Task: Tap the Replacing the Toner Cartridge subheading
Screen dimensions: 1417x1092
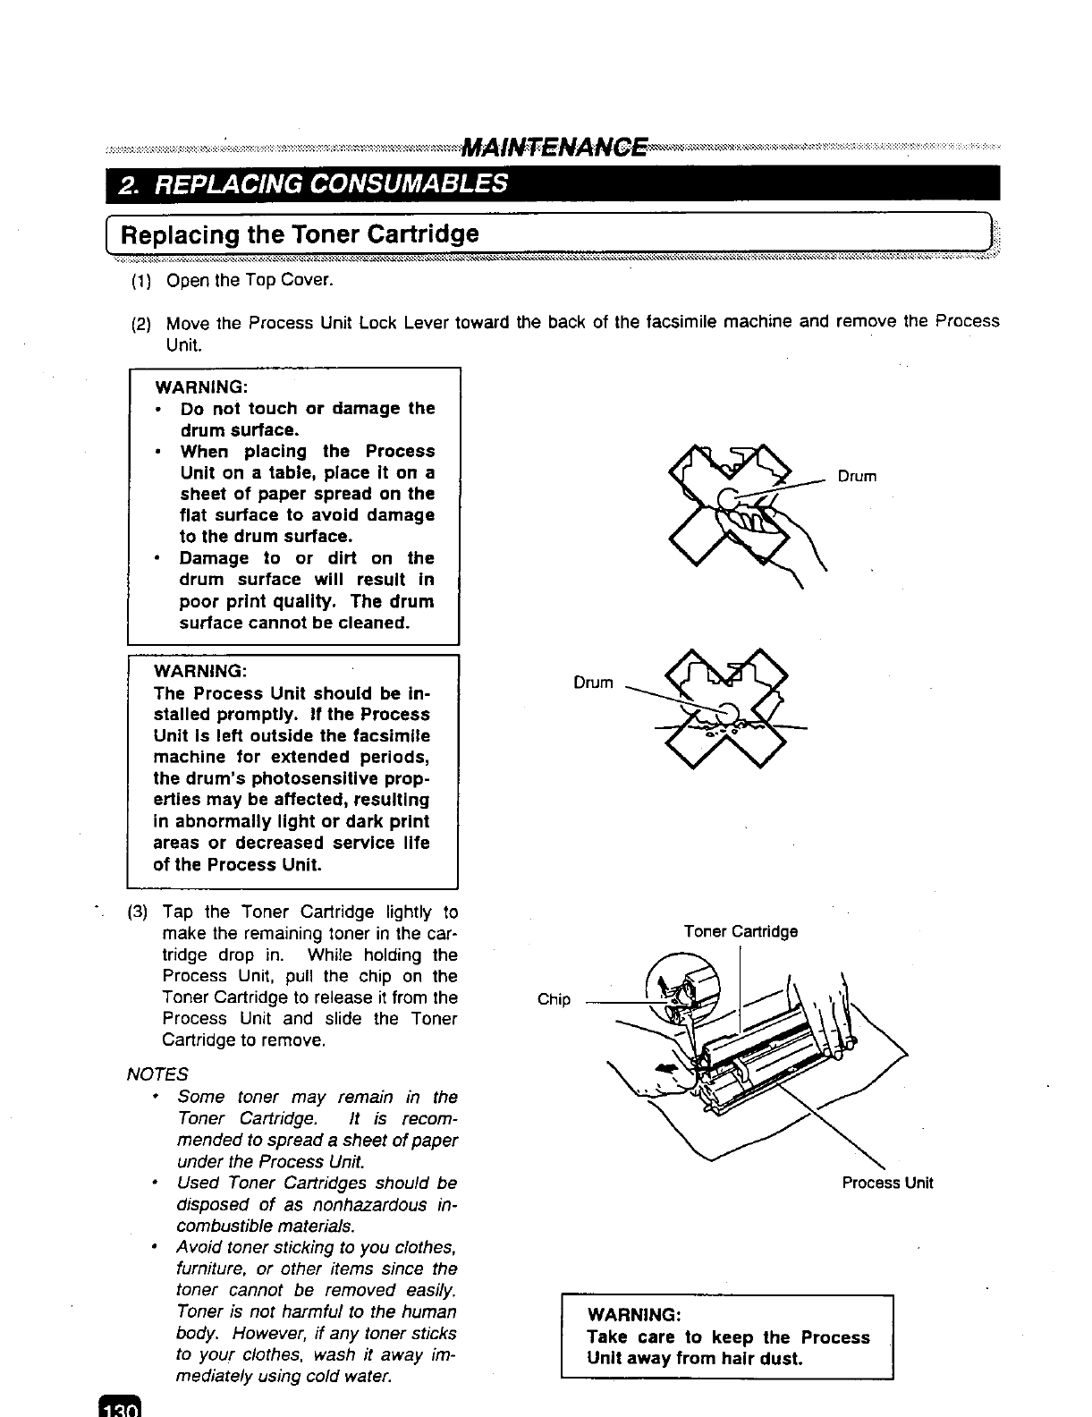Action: click(300, 234)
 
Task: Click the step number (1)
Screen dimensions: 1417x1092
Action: click(140, 281)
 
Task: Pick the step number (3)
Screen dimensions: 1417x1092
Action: click(138, 912)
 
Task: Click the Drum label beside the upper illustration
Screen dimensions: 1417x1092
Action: click(857, 477)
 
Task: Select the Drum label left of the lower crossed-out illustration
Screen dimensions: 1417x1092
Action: click(593, 683)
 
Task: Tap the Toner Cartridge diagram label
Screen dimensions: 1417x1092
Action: click(741, 931)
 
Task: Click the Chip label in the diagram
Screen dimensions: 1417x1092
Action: click(554, 999)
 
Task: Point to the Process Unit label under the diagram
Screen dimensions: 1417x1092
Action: click(887, 1183)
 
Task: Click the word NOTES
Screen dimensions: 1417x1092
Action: click(157, 1073)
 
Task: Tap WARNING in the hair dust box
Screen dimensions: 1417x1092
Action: click(634, 1315)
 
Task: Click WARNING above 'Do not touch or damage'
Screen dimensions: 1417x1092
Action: click(201, 387)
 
